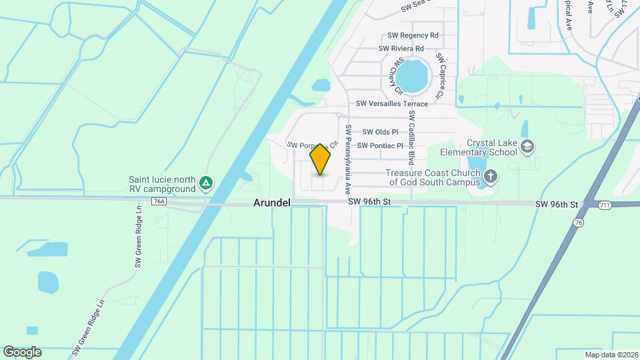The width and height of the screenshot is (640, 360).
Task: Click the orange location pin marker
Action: tap(321, 159)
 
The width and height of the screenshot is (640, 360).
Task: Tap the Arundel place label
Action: tap(271, 203)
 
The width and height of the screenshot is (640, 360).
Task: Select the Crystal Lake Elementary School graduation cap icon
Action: tap(528, 147)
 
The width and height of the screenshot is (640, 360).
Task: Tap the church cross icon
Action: tap(491, 177)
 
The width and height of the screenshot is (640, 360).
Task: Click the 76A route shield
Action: tap(159, 201)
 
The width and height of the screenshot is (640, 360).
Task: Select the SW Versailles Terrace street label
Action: tap(391, 104)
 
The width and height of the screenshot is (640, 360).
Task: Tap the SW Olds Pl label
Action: tap(380, 133)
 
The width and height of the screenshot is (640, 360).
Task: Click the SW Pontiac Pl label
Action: tap(380, 145)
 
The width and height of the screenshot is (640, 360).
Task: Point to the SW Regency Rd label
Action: tap(413, 35)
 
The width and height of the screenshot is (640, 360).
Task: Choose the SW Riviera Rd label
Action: tap(401, 49)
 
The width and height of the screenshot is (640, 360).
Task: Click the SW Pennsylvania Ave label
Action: tap(348, 159)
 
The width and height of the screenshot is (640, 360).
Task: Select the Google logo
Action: tap(22, 352)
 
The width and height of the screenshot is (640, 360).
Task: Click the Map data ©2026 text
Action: tap(611, 355)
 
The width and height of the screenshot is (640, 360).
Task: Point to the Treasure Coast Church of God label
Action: tap(433, 177)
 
